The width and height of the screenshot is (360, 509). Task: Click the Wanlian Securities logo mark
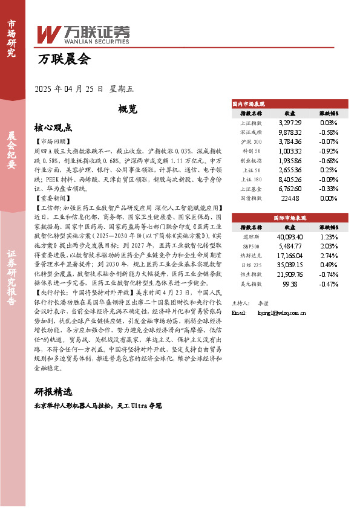pos(48,34)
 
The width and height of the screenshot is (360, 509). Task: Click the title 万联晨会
pos(64,60)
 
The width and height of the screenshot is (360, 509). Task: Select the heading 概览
pos(128,109)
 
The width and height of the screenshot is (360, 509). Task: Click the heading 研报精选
pos(53,391)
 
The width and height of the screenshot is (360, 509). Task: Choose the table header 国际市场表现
pos(290,216)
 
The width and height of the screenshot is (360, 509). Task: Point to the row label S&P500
pos(251,246)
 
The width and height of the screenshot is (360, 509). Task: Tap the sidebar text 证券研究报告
pos(11,284)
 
